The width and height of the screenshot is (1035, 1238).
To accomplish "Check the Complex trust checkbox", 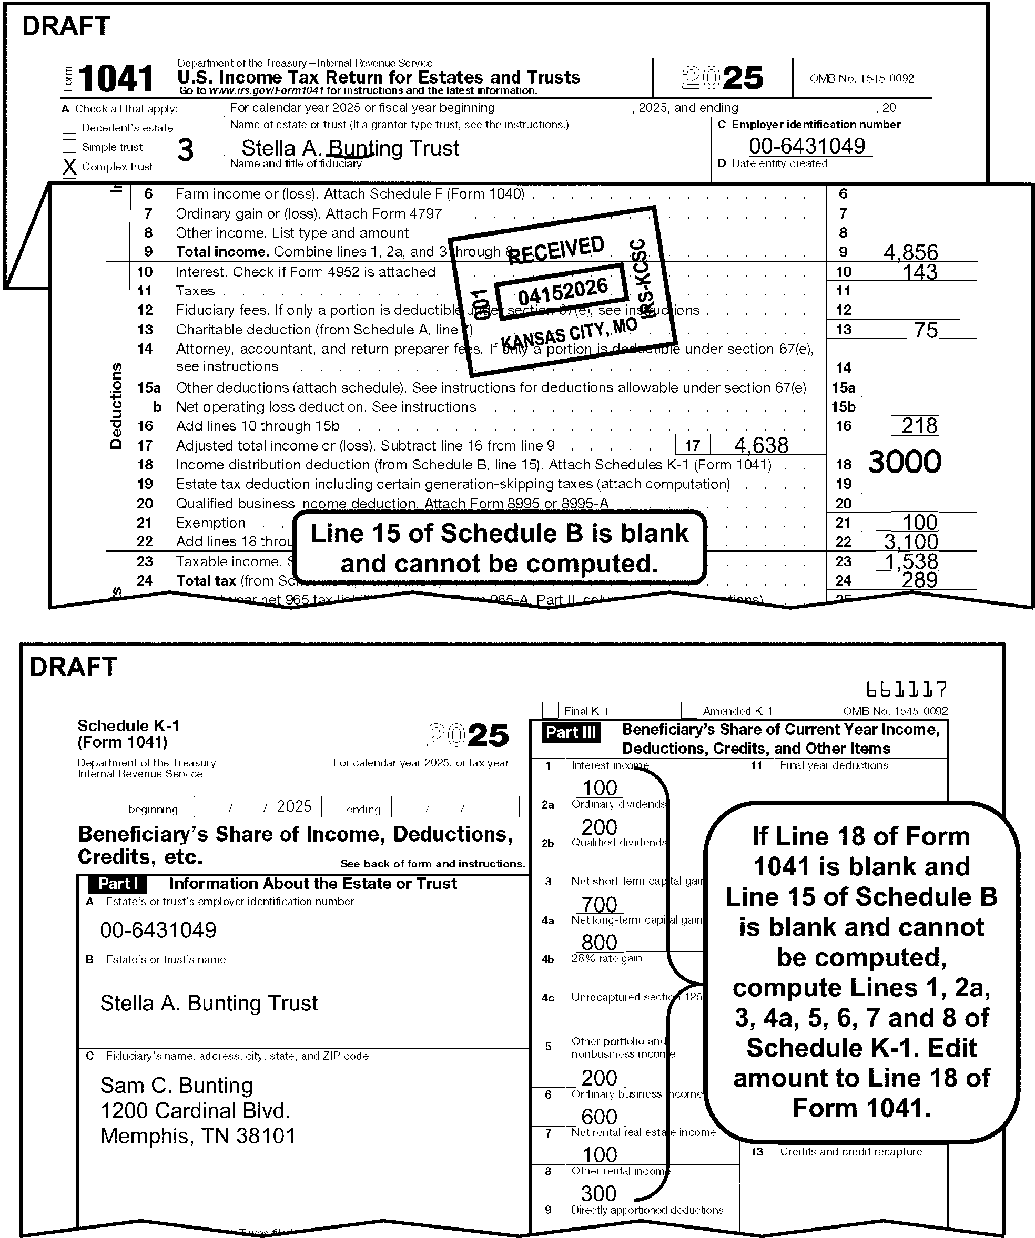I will pyautogui.click(x=69, y=167).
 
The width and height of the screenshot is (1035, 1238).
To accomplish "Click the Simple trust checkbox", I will pyautogui.click(x=69, y=146).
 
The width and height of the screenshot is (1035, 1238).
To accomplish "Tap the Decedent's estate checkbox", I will pyautogui.click(x=69, y=127).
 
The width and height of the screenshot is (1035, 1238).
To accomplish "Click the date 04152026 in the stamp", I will pyautogui.click(x=563, y=291).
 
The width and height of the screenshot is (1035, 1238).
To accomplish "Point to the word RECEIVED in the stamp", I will pyautogui.click(x=555, y=250).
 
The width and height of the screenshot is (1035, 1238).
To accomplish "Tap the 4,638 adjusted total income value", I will pyautogui.click(x=761, y=446).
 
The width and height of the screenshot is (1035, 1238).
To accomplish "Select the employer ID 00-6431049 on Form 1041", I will pyautogui.click(x=807, y=146).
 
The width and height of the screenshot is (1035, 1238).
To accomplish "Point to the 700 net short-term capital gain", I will pyautogui.click(x=599, y=904).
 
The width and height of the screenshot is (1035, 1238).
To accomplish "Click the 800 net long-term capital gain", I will pyautogui.click(x=599, y=943).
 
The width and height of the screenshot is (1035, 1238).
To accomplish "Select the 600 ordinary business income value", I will pyautogui.click(x=599, y=1117).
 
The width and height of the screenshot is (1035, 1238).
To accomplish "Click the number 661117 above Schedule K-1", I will pyautogui.click(x=907, y=689).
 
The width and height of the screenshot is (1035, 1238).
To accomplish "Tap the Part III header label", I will pyautogui.click(x=571, y=732).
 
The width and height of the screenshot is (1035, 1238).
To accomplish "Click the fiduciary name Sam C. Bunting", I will pyautogui.click(x=176, y=1086).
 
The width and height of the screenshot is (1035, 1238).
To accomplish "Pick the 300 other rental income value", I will pyautogui.click(x=598, y=1193).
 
